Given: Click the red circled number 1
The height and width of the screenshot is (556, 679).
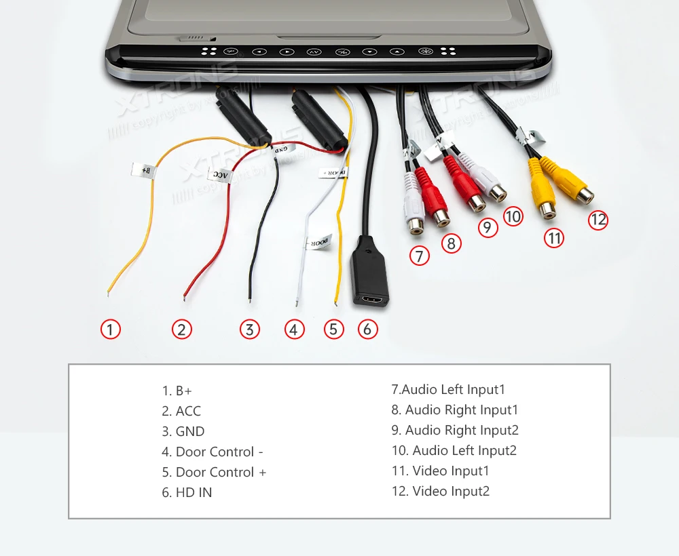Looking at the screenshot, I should (111, 330).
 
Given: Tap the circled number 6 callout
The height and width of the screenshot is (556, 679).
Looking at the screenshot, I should (367, 330).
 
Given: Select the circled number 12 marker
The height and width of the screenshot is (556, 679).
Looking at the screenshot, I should (598, 220).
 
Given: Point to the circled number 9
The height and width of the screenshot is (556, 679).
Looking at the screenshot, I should (488, 227).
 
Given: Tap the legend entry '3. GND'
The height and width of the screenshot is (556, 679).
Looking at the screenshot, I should (183, 432).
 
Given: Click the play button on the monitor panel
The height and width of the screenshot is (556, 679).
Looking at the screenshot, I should (287, 52).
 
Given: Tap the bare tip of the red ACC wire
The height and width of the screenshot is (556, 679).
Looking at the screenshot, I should (185, 296).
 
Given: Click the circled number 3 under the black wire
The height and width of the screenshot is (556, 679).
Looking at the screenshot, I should (250, 330).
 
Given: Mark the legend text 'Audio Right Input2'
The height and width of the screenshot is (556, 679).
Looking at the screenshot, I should (455, 431).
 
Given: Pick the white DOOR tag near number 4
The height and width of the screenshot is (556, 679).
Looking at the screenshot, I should (318, 241).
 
